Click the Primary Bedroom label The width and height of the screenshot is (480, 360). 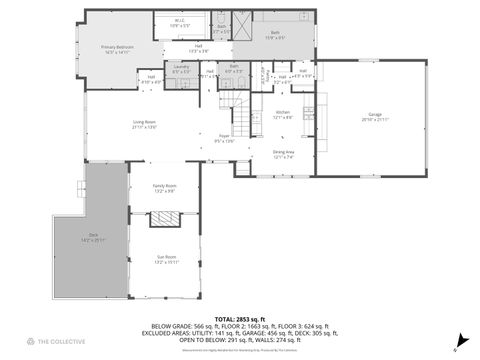coord(120,49)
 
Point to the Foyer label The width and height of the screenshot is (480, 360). coord(225,139)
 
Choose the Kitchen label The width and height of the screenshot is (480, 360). coord(283,114)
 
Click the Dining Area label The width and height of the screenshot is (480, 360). coord(283,154)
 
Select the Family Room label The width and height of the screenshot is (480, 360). coord(164,188)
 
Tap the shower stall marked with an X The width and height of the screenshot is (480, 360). coord(241,22)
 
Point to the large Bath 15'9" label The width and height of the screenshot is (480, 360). coord(275,35)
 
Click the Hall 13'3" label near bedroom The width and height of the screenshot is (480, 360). coord(199,49)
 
